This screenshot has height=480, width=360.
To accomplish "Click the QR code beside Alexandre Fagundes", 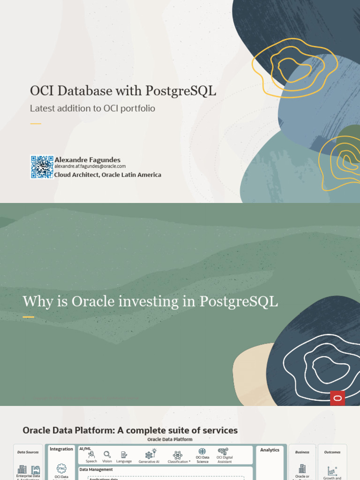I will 42,167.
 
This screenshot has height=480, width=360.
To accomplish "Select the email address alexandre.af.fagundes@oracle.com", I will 90,166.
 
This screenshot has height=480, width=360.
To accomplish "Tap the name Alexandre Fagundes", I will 87,160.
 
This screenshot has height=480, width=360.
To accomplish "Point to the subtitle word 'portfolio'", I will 137,108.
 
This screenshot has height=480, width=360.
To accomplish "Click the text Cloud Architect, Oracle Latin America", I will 107,175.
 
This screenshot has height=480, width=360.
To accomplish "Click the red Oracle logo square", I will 337,398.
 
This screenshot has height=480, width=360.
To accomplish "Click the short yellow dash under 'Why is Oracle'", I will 29,317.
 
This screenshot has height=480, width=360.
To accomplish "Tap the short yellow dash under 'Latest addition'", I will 36,124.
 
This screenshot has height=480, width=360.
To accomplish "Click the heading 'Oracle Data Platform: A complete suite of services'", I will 130,430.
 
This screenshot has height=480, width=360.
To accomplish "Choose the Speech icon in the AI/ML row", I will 91,455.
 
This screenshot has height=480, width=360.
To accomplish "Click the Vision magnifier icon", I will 107,455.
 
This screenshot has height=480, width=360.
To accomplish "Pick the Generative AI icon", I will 150,454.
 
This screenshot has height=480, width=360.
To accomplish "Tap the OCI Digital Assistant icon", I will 224,452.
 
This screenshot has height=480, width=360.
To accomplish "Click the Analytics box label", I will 270,450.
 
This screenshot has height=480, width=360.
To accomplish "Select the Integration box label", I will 61,449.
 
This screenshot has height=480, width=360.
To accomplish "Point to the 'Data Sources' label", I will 28,452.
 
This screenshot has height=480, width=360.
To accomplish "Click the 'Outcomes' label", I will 332,452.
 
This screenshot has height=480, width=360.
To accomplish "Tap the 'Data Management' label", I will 96,469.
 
